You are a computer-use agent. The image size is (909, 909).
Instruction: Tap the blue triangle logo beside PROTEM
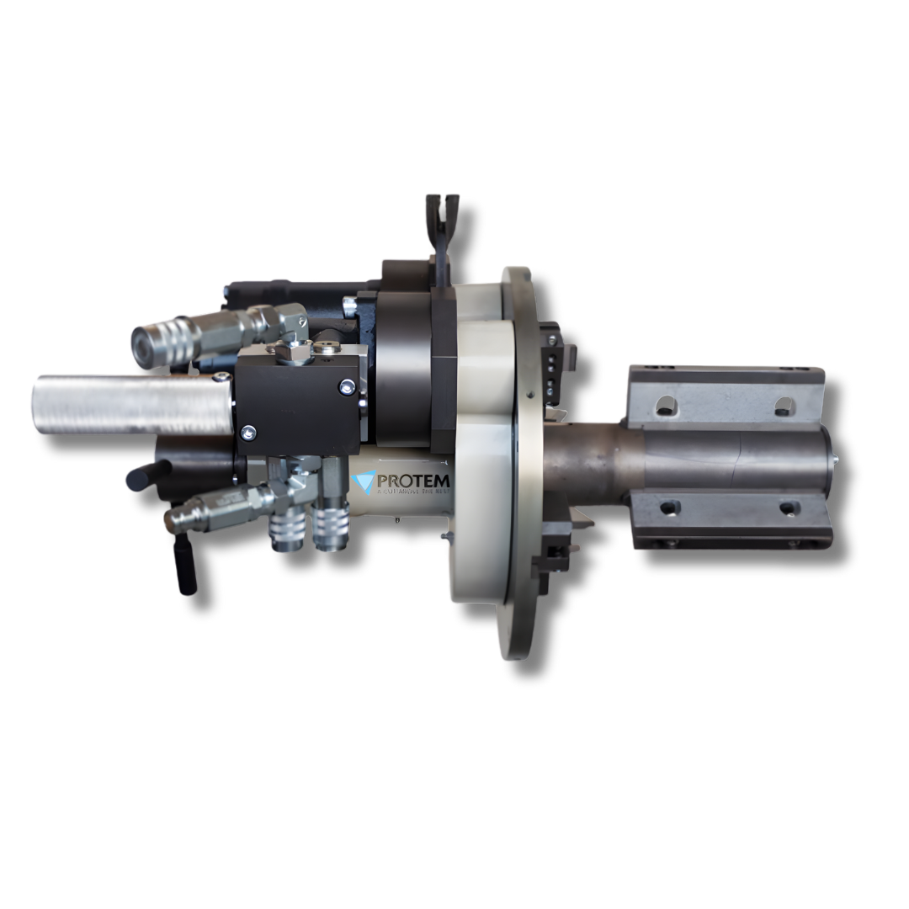click(x=363, y=482)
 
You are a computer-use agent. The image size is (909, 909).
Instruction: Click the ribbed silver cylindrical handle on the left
click(x=130, y=405)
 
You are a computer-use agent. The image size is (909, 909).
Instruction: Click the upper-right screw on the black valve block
click(x=347, y=386)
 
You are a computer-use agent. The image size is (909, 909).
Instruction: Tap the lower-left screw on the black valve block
click(x=247, y=433)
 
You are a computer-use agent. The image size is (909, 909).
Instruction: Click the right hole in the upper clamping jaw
click(x=784, y=404)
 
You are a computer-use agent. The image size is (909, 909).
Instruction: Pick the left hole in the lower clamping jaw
click(x=670, y=508)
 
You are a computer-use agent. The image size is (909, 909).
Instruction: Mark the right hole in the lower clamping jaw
click(x=789, y=508)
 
